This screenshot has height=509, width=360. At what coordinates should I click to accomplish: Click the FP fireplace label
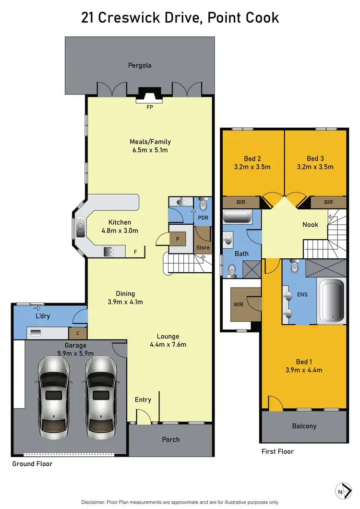[150, 108]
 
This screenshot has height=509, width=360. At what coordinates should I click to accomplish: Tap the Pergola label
[140, 65]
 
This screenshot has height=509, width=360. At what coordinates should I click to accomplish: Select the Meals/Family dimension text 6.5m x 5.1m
[150, 150]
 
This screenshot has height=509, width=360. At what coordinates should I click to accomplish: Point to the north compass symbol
[340, 491]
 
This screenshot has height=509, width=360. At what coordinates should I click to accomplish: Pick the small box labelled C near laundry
[77, 332]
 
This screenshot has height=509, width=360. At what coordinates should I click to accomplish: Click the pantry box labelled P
[178, 239]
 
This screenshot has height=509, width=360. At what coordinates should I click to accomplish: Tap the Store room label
[203, 248]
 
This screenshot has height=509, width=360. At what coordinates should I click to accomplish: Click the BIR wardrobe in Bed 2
[241, 202]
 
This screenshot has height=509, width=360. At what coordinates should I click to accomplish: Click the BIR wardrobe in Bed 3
[328, 202]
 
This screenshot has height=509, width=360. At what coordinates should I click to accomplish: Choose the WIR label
[238, 303]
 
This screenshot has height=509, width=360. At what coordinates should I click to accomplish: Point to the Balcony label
[304, 426]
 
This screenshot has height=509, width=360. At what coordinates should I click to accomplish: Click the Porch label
[171, 439]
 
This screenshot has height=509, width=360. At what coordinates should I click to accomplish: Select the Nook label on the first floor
[310, 224]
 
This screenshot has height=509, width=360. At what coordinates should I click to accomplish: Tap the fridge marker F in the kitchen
[136, 252]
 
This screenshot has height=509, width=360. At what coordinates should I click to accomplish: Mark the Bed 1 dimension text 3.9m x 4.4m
[304, 370]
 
